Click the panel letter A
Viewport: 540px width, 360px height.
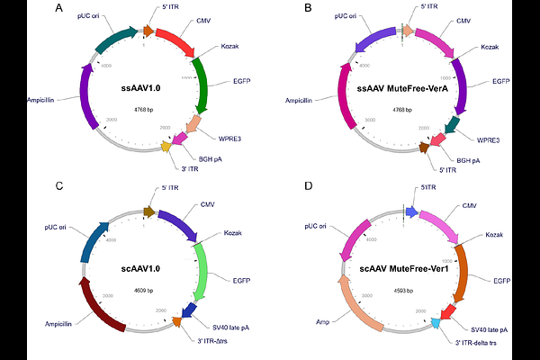click(58, 9)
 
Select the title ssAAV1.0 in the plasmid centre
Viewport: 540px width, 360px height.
click(143, 89)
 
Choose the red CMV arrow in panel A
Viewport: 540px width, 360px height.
click(171, 37)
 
